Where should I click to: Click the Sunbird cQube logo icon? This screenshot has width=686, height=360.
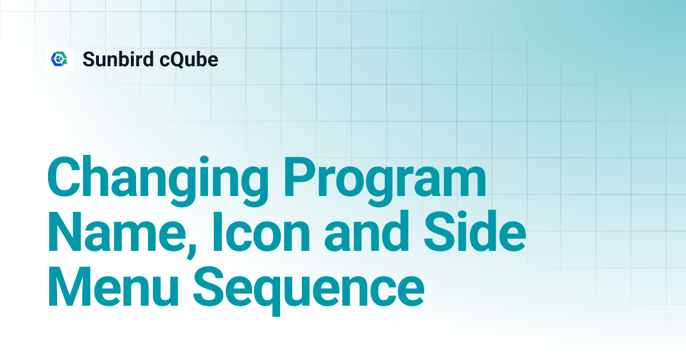(59, 59)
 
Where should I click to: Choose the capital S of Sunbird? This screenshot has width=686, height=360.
(89, 59)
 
